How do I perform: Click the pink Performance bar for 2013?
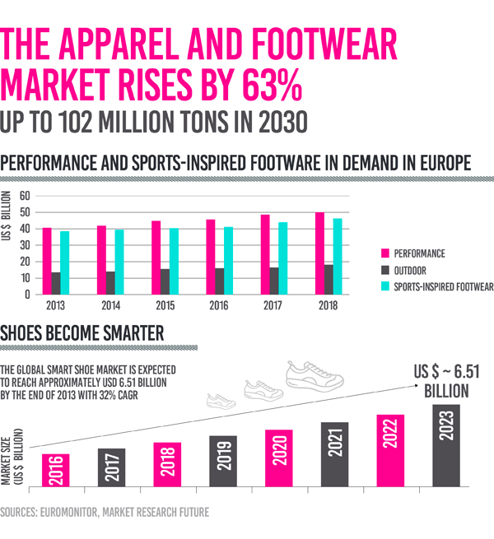coord(47,261)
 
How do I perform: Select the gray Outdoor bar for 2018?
coord(329,280)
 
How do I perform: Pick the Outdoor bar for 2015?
coord(165,281)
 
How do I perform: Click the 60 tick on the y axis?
coord(25,196)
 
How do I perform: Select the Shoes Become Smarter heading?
coord(82,333)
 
